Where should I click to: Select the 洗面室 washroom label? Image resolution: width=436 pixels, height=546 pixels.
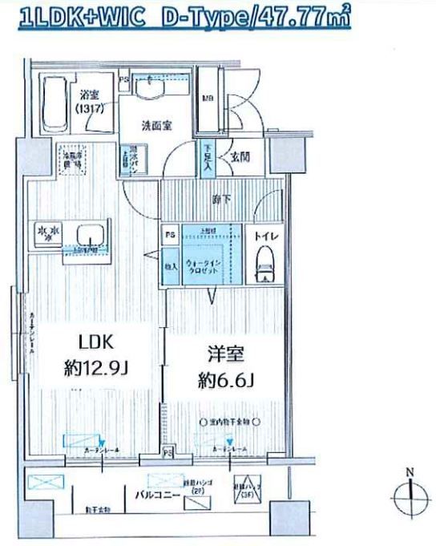pos(156,125)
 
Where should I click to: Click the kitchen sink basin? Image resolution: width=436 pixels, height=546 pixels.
pos(90,236)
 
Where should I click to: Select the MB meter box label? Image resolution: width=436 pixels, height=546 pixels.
pos(208,99)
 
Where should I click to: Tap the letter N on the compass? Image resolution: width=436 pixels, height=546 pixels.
pos(410,472)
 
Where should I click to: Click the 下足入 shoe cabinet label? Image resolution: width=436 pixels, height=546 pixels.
pos(208,156)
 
